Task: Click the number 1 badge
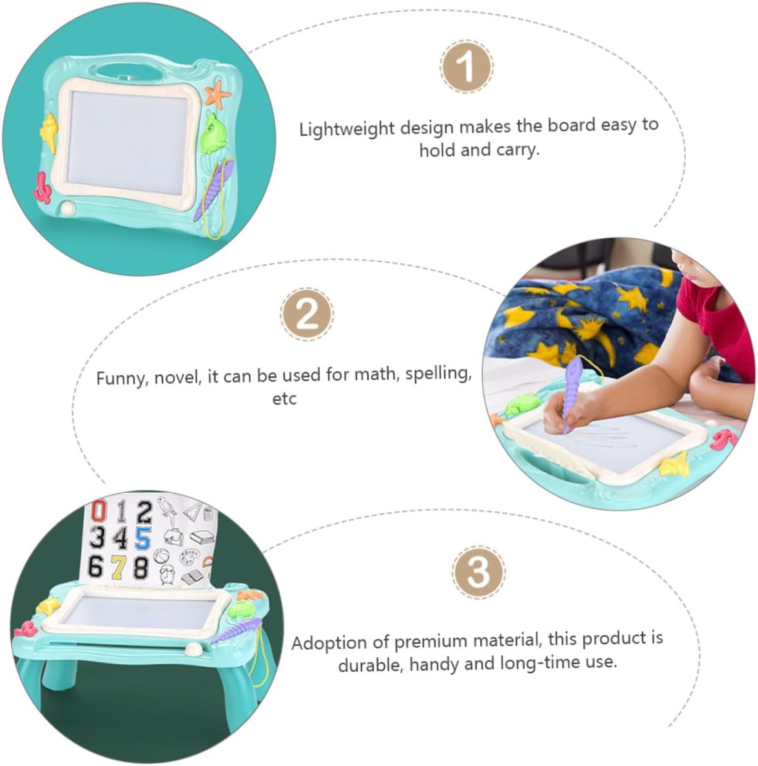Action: pos(466,66)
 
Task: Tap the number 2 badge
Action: pos(307,314)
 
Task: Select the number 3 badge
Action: pos(478,572)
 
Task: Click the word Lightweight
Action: pos(347,129)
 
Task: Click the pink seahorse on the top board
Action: pos(43,187)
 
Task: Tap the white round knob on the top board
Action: pos(68,208)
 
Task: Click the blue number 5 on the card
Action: pos(142,539)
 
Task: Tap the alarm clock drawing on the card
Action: pos(168,574)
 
